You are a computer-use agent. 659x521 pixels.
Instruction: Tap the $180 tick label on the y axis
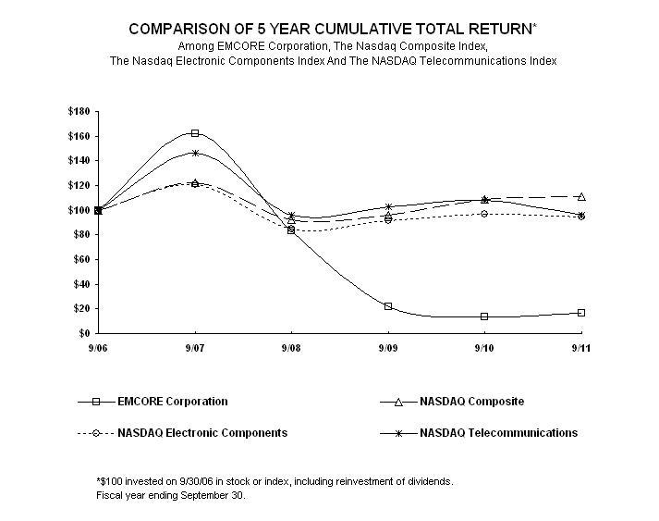click(x=79, y=111)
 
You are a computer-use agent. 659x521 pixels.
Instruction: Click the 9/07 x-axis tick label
click(x=195, y=348)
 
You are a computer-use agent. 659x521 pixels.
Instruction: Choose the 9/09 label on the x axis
click(x=388, y=348)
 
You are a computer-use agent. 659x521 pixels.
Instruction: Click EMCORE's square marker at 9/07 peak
click(x=195, y=133)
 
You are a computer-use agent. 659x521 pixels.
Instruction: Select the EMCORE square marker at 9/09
click(x=388, y=306)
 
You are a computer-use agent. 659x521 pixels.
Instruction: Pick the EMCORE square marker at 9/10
click(x=484, y=316)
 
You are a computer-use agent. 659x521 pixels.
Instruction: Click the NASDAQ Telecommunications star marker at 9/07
click(x=195, y=153)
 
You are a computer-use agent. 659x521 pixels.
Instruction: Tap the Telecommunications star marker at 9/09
click(x=388, y=206)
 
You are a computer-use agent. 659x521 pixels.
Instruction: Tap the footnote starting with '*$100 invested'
click(x=275, y=481)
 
